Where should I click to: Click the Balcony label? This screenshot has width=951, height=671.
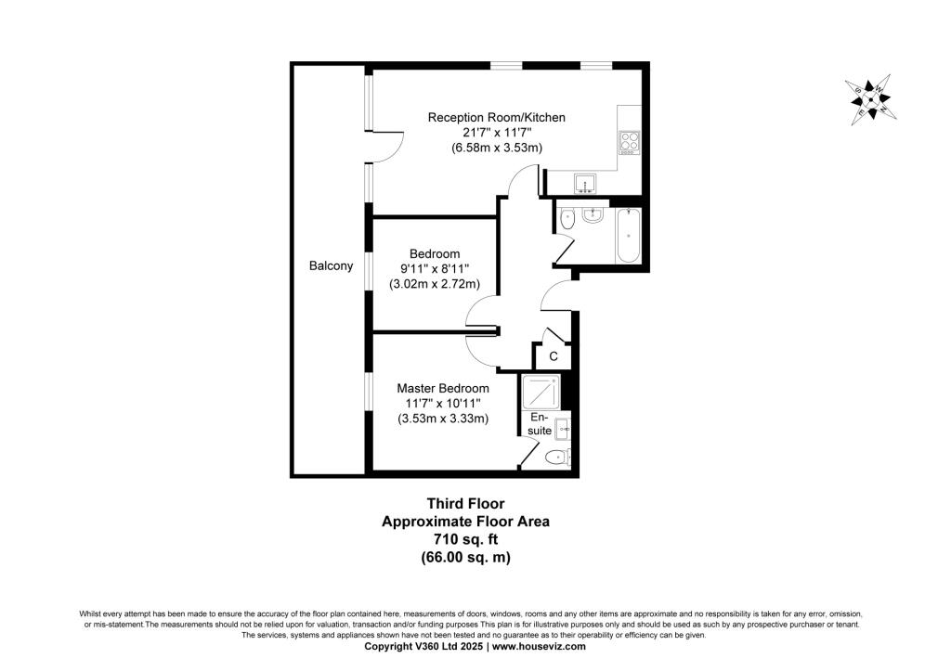pyautogui.click(x=331, y=266)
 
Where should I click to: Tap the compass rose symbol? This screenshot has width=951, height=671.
pyautogui.click(x=871, y=99)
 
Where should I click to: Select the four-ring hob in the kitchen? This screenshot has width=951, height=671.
pyautogui.click(x=629, y=141)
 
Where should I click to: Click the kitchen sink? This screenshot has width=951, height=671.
pyautogui.click(x=585, y=183)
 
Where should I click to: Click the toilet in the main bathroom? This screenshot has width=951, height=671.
pyautogui.click(x=568, y=219)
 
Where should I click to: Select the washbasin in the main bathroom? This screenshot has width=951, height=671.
pyautogui.click(x=593, y=215)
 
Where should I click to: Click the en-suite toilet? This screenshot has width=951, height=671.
pyautogui.click(x=556, y=456)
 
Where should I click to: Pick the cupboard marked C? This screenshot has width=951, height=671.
pyautogui.click(x=553, y=355)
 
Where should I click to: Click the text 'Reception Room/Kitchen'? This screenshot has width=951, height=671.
pyautogui.click(x=496, y=118)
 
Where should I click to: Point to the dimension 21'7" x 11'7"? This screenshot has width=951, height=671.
pyautogui.click(x=496, y=133)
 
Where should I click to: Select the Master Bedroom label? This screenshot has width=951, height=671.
pyautogui.click(x=443, y=388)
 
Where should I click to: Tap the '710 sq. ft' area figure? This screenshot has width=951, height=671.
pyautogui.click(x=465, y=539)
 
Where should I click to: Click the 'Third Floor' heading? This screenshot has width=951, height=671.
pyautogui.click(x=465, y=504)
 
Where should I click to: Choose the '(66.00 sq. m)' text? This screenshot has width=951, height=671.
pyautogui.click(x=465, y=557)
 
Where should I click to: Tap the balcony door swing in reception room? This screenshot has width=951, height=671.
pyautogui.click(x=390, y=147)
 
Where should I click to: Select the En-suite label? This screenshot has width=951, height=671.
pyautogui.click(x=541, y=424)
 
